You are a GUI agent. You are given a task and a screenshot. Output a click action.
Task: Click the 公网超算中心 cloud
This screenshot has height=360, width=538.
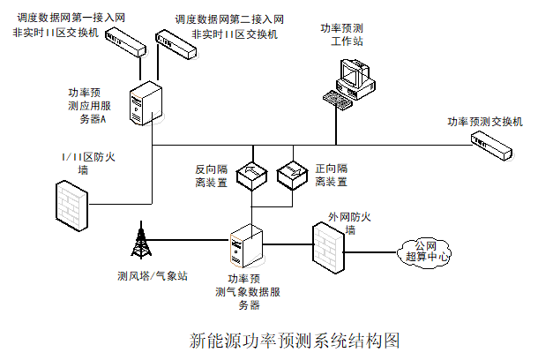[x=425, y=250]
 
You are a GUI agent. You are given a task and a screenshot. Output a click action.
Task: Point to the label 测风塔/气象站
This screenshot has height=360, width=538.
[x=152, y=275]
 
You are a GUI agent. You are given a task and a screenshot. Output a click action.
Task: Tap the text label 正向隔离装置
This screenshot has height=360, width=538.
[x=331, y=175]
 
